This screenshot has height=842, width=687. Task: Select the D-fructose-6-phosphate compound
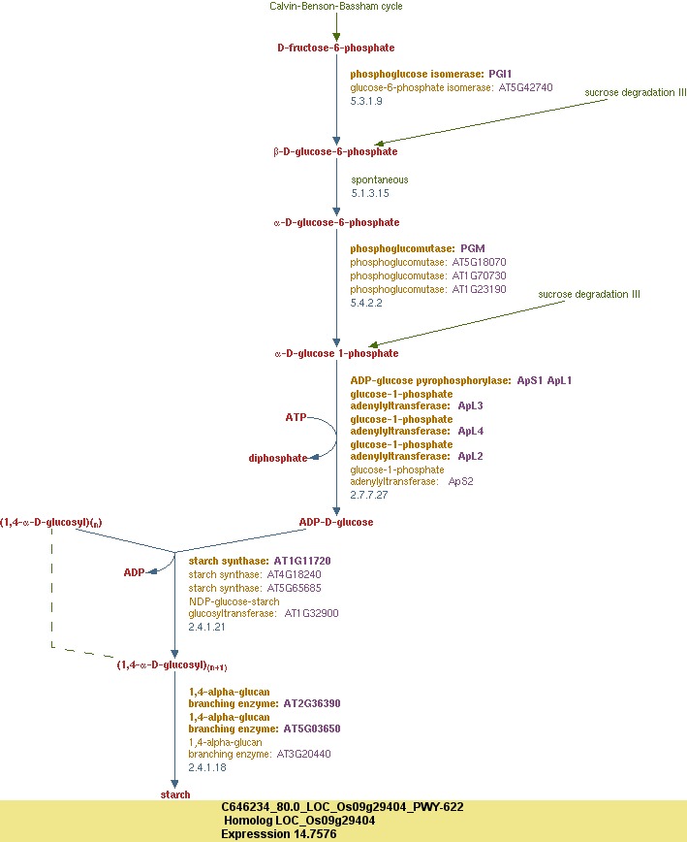click(x=335, y=48)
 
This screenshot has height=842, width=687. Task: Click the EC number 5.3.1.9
click(x=366, y=101)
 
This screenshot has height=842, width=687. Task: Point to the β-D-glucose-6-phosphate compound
click(x=335, y=152)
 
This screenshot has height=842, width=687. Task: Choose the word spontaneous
click(x=380, y=179)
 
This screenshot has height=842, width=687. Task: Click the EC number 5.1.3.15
click(x=370, y=193)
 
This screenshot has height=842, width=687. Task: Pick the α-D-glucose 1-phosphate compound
click(x=335, y=354)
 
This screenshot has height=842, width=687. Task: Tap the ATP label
click(x=296, y=417)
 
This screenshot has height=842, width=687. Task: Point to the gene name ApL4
click(x=470, y=431)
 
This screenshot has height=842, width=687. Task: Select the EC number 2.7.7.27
click(x=369, y=495)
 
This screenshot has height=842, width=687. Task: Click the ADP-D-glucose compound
click(x=335, y=522)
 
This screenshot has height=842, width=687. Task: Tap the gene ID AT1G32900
click(x=311, y=613)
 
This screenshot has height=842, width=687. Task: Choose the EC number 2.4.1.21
click(x=207, y=627)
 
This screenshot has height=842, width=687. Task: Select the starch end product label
click(x=175, y=794)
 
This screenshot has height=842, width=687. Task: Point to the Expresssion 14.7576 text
click(x=279, y=833)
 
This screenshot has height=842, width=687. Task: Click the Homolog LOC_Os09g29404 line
click(x=300, y=821)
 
